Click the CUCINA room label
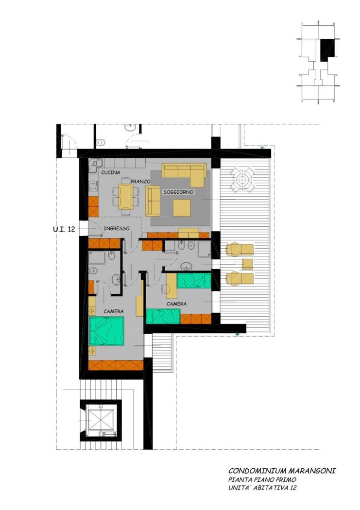(111, 172)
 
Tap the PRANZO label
(140, 181)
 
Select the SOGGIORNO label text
(178, 192)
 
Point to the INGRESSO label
(117, 228)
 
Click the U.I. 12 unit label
(64, 229)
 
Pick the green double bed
(107, 331)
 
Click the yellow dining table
(125, 196)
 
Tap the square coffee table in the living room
(182, 208)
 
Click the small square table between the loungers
(247, 264)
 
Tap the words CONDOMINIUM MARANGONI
(282, 471)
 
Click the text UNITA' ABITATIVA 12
(262, 488)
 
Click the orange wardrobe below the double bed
(116, 365)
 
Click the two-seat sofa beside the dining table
(153, 201)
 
